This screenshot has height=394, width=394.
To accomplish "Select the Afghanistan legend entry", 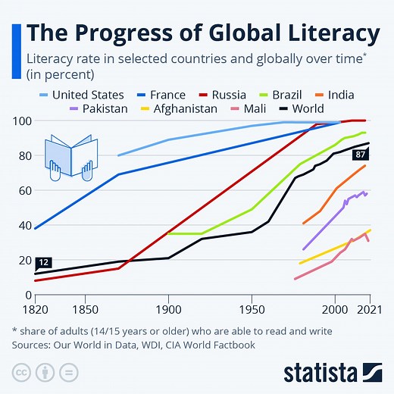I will [x=183, y=108].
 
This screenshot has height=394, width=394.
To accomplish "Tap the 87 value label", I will [x=360, y=155].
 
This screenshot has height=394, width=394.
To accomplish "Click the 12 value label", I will [x=43, y=262].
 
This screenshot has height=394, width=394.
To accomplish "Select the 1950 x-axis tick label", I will [x=252, y=309].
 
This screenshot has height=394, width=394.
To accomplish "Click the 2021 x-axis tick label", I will [x=368, y=309].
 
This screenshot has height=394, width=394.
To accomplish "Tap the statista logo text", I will [x=321, y=372].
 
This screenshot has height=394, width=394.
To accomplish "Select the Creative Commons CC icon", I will [x=21, y=372].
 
